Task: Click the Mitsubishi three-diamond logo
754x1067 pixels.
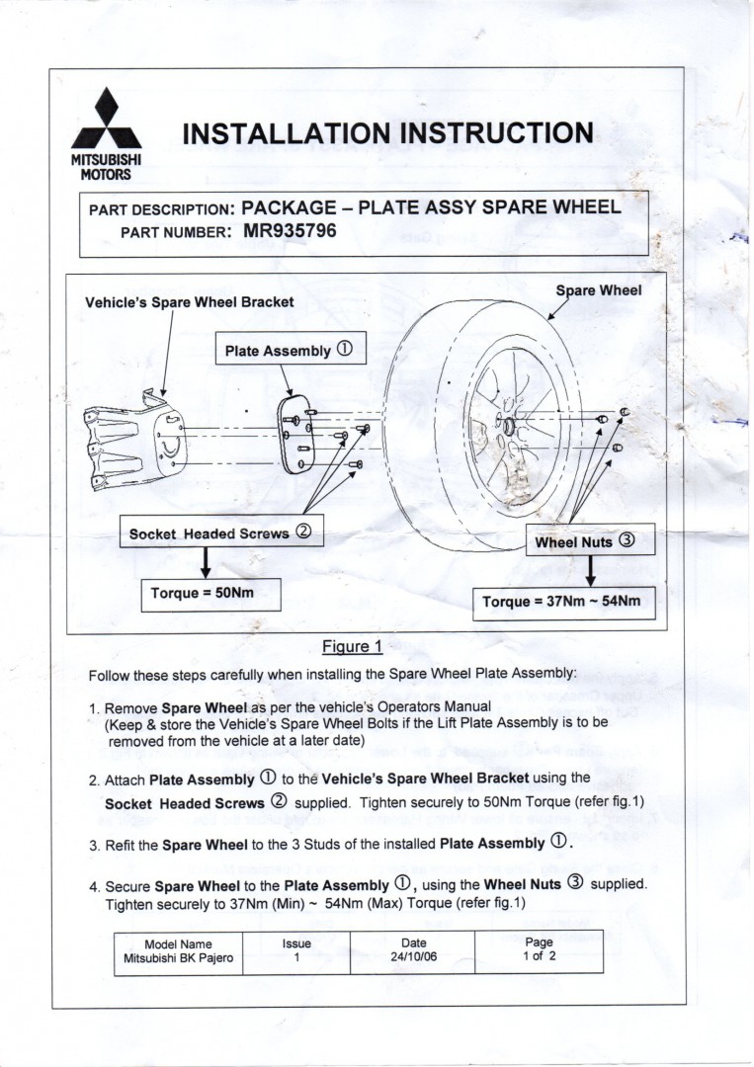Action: coord(106,121)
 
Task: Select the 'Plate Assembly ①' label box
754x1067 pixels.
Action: coord(288,350)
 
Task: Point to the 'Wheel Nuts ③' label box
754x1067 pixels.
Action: coord(589,541)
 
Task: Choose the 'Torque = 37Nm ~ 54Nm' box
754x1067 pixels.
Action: coord(561,602)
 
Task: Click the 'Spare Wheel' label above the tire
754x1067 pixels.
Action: coord(599,289)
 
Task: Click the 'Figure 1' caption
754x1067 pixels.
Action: coord(352,647)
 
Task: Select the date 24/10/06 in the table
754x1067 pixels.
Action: coord(413,957)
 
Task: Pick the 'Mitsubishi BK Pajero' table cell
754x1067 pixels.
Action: coord(178,957)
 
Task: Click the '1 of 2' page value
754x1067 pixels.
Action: coord(539,956)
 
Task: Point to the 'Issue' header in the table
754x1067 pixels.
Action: coord(296,943)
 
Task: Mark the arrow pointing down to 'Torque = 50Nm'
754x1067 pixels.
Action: coord(205,561)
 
